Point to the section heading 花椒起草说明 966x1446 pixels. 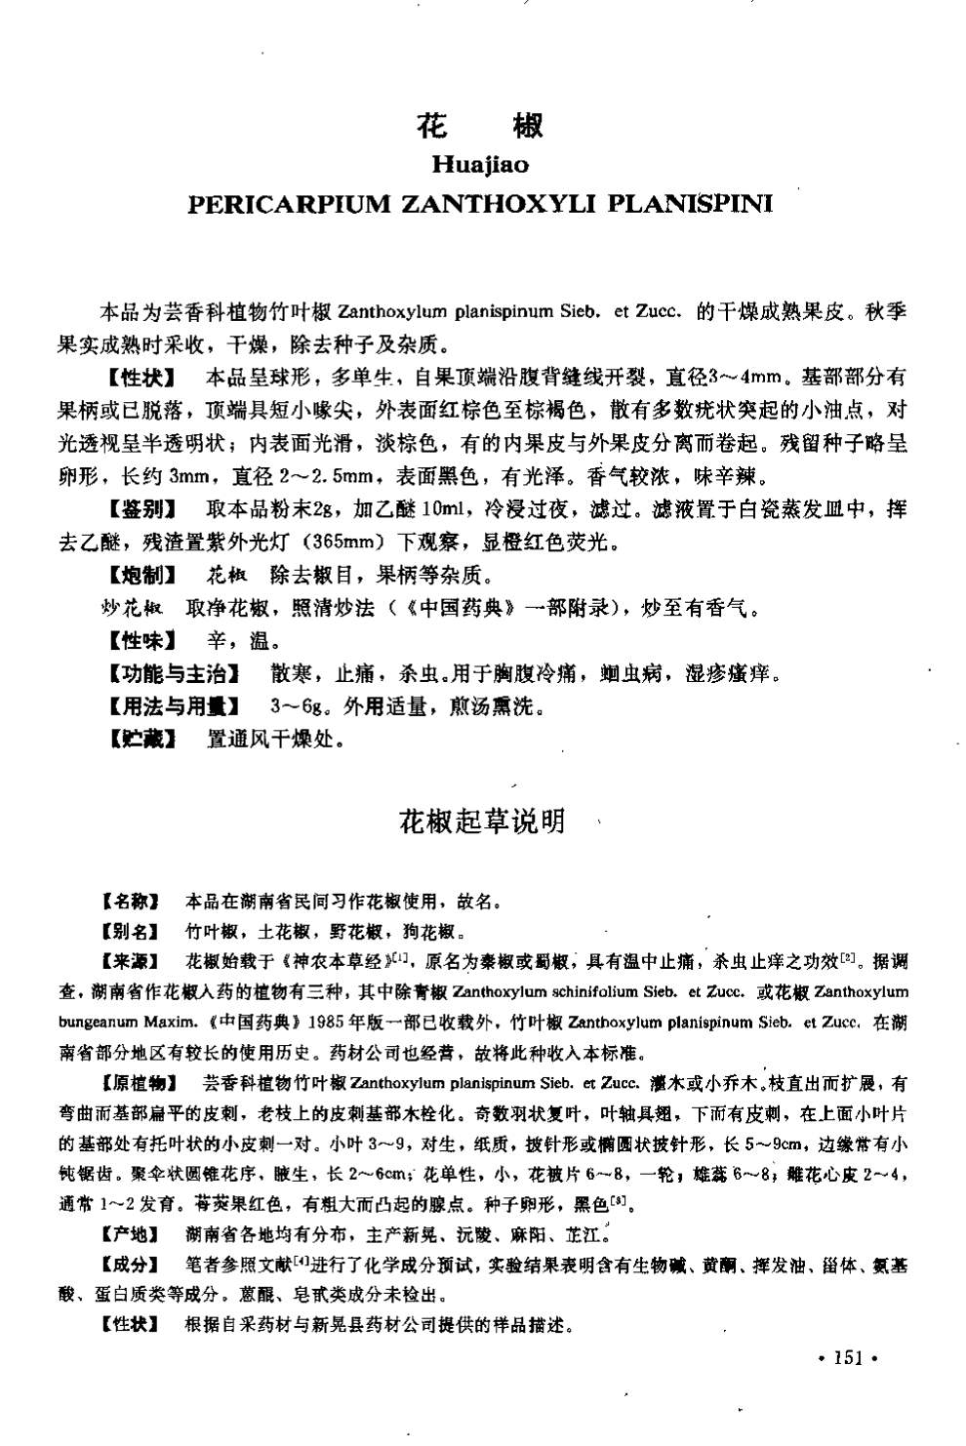click(481, 823)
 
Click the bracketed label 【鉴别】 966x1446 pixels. click(141, 508)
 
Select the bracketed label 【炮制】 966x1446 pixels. click(141, 575)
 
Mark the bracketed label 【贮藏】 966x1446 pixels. click(141, 739)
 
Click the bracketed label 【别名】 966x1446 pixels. click(130, 931)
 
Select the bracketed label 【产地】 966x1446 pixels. click(130, 1235)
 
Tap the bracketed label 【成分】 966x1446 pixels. click(130, 1265)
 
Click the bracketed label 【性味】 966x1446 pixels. click(141, 641)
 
